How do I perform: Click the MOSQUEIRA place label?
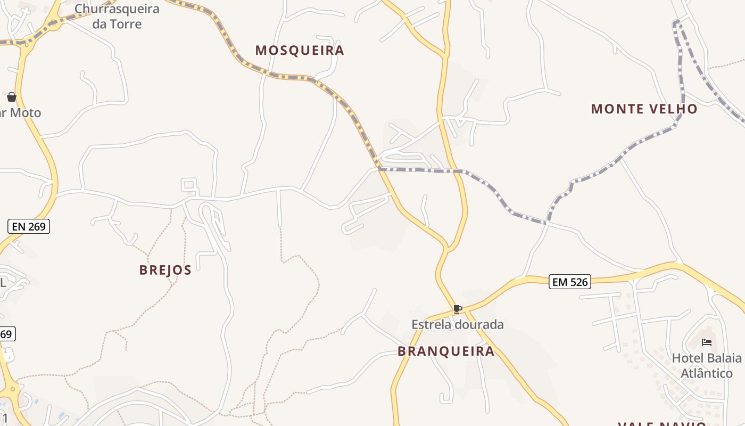[300, 51]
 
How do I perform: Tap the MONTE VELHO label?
[644, 109]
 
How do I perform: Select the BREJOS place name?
[165, 270]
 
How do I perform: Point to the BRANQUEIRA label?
[446, 351]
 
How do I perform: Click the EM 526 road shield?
[570, 282]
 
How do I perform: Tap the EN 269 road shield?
[29, 227]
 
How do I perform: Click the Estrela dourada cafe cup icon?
[457, 309]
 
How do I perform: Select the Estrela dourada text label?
[457, 324]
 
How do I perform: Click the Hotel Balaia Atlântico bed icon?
[707, 342]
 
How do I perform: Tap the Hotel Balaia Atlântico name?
[707, 365]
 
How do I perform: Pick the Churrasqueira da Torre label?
[117, 16]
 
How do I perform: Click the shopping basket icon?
[12, 97]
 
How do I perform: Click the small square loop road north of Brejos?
[189, 185]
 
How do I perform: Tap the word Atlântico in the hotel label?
[707, 373]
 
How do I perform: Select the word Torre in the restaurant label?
[126, 24]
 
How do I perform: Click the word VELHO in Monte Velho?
[672, 109]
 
